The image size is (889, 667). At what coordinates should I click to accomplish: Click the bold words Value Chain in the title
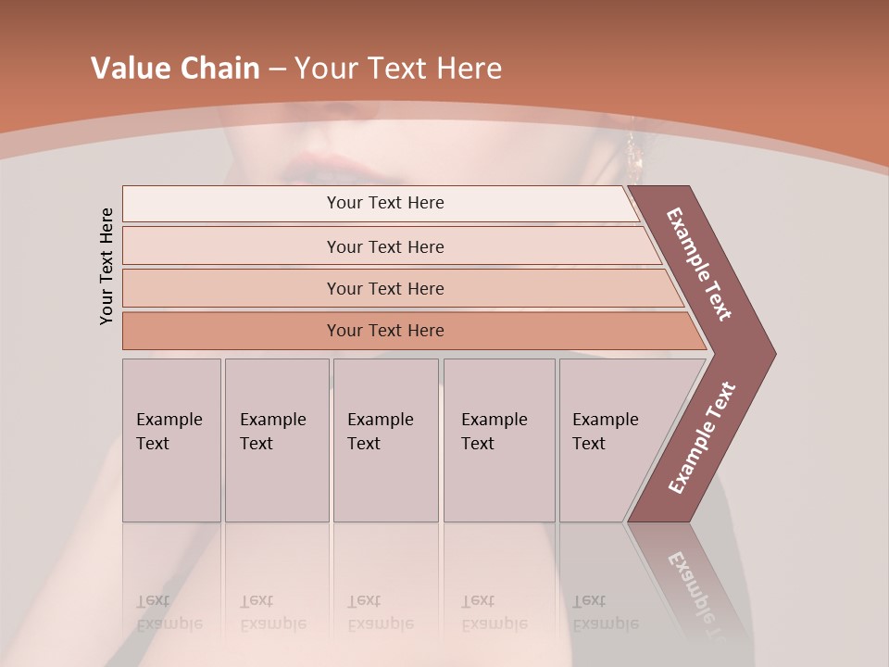(x=175, y=69)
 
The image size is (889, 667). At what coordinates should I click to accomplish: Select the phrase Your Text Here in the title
(x=398, y=69)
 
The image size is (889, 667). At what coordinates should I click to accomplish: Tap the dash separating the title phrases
(x=277, y=69)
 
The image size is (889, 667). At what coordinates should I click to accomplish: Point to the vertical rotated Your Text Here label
(x=106, y=266)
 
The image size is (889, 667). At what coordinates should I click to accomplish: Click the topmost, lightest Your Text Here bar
(x=385, y=203)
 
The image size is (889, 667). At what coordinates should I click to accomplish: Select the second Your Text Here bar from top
(x=385, y=246)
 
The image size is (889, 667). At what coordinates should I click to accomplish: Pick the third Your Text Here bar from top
(x=385, y=288)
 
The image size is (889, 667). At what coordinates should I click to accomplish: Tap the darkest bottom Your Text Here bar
(x=385, y=331)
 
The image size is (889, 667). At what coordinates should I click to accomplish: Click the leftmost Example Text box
(x=171, y=440)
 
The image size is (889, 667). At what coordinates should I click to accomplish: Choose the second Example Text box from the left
(x=276, y=440)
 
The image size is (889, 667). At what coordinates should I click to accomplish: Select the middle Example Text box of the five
(x=385, y=440)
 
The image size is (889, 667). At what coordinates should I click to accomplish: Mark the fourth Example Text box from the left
(x=498, y=440)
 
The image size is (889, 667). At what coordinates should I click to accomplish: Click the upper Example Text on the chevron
(x=700, y=264)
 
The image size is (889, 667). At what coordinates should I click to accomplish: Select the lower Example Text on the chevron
(x=702, y=438)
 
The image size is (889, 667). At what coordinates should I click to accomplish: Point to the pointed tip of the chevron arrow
(x=773, y=353)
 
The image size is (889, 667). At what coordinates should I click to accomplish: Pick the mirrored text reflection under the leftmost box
(x=169, y=612)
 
